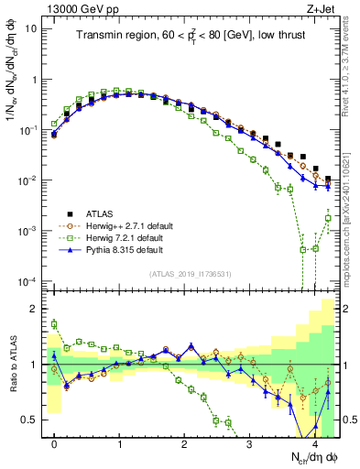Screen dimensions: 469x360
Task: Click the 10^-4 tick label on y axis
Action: pos(27,280)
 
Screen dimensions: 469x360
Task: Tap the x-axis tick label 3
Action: pos(250,443)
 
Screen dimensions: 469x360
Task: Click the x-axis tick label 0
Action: pos(55,443)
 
